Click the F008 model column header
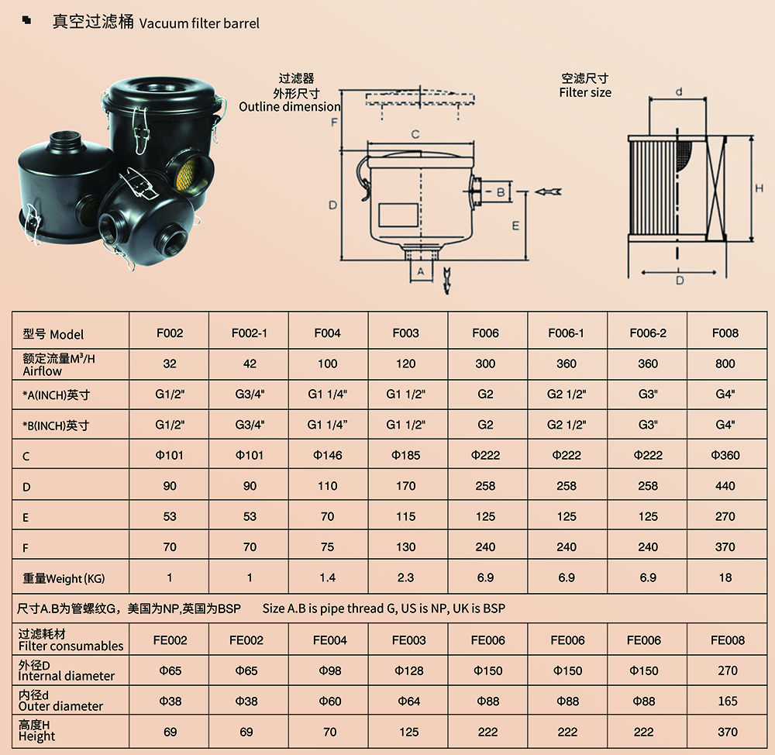pos(725,333)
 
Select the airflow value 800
pos(725,364)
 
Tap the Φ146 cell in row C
pos(327,455)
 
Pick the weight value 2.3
pos(405,577)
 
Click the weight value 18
pos(725,577)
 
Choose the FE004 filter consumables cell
pos(329,640)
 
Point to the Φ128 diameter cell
pos(408,671)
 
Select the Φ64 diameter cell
pos(408,701)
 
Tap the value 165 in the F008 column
pos(728,701)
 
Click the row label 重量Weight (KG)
pos(64,578)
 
